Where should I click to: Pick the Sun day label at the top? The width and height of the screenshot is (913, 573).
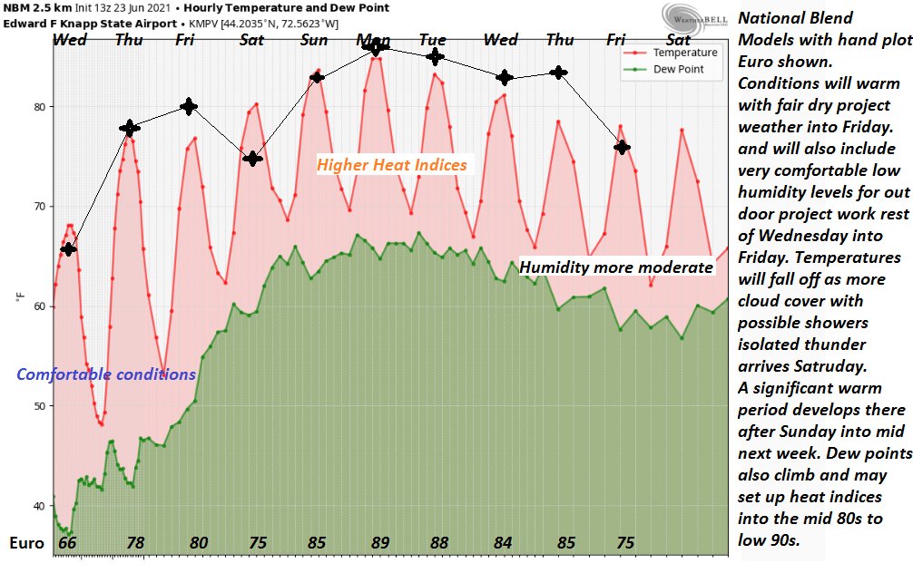point(314,40)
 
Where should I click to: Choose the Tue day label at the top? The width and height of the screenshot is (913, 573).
point(432,40)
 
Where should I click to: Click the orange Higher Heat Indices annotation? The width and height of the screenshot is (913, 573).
point(392,164)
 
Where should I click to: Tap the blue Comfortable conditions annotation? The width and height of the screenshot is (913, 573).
point(106,374)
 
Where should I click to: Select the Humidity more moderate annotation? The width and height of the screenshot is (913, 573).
point(616,267)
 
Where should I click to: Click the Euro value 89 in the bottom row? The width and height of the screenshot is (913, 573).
point(380,543)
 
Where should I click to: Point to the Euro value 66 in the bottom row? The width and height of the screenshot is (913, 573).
point(67,543)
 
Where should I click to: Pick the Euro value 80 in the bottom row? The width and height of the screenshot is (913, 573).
point(199,543)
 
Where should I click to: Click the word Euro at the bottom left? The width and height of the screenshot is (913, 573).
point(27,543)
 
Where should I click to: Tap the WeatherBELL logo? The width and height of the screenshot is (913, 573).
point(692,16)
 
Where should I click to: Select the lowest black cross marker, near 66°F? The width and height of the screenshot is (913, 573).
point(68,248)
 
